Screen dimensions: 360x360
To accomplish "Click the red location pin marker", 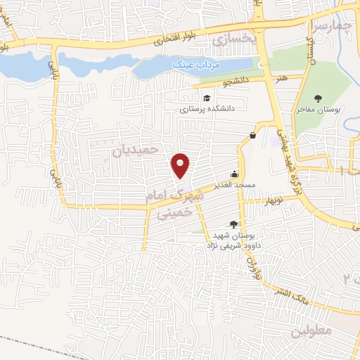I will [181, 165].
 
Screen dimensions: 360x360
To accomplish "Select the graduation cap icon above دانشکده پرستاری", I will [207, 98].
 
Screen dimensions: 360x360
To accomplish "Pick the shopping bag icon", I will [252, 135].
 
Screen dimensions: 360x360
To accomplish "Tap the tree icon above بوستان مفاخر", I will [319, 98].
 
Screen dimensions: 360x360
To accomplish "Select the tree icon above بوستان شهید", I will [233, 224].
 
